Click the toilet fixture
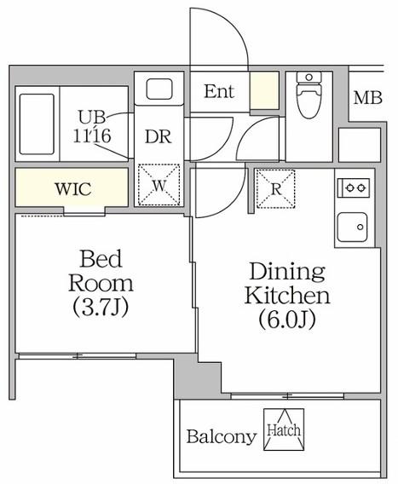[x=309, y=95]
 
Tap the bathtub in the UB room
[x=37, y=124]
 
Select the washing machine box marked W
[x=159, y=185]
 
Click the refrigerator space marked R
[x=276, y=188]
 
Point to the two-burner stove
[x=354, y=187]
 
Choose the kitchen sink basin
[x=352, y=228]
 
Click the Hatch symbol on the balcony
[x=284, y=429]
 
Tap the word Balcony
[x=222, y=437]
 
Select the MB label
[x=368, y=98]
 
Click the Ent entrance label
[x=219, y=91]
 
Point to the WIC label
[x=73, y=189]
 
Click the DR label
[x=158, y=136]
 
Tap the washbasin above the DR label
[x=159, y=89]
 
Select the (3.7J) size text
[x=101, y=307]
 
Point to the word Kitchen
[x=287, y=295]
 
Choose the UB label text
[x=92, y=118]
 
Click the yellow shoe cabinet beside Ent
[x=264, y=90]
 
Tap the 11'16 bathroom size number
[x=92, y=135]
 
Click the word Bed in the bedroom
[x=101, y=259]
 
